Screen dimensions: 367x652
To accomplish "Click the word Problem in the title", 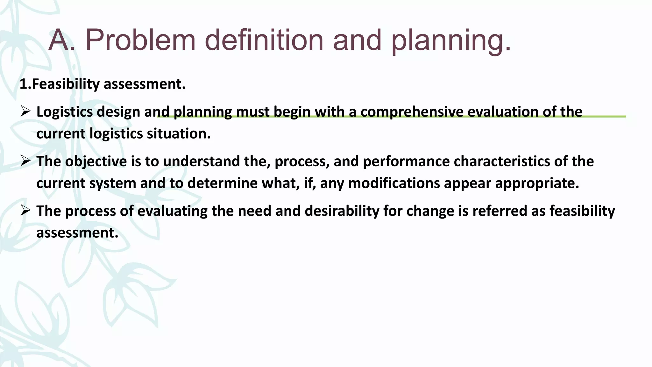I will (140, 40).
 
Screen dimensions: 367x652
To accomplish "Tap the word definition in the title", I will (264, 40).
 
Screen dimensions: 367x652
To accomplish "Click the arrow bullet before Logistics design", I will (25, 112).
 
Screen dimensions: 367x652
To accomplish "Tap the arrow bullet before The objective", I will (25, 161).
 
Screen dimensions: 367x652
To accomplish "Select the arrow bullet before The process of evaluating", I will (25, 211).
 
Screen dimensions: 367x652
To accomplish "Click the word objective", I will (96, 162).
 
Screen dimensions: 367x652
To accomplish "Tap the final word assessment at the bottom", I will (77, 233).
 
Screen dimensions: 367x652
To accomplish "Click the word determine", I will (222, 183).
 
